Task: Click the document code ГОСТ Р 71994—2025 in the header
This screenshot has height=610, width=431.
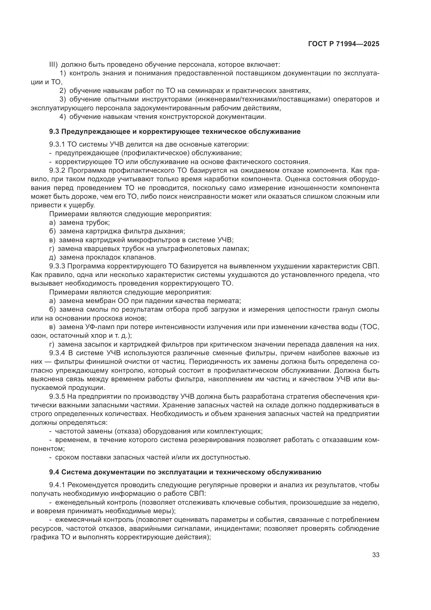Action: tap(344, 44)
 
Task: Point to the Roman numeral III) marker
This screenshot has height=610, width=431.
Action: tap(54, 65)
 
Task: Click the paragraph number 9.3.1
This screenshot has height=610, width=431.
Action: tap(57, 144)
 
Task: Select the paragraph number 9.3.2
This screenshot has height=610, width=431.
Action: tap(57, 171)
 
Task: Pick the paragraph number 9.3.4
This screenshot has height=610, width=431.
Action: tap(57, 353)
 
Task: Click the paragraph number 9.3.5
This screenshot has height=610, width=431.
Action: tap(57, 397)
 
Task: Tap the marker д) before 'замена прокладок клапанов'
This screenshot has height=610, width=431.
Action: tap(53, 257)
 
